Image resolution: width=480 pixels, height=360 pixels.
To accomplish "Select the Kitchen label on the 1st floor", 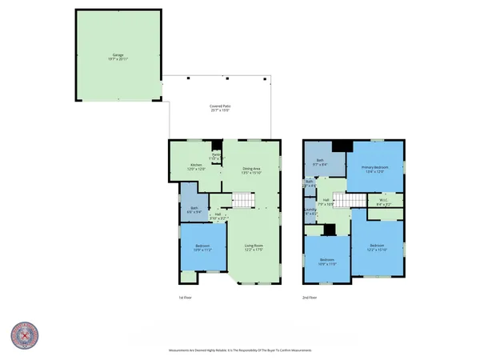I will pyautogui.click(x=185, y=167).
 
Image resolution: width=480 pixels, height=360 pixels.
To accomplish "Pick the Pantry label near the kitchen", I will pyautogui.click(x=216, y=157).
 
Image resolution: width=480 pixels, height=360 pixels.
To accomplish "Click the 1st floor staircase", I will pyautogui.click(x=242, y=199).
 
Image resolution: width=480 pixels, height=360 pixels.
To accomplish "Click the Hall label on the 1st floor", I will pyautogui.click(x=218, y=214).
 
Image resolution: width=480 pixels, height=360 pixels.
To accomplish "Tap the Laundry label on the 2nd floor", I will pyautogui.click(x=310, y=213).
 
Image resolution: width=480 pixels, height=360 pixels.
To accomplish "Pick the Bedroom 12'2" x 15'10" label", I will pyautogui.click(x=377, y=247).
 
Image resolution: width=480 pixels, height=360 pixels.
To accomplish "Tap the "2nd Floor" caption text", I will pyautogui.click(x=309, y=298).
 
